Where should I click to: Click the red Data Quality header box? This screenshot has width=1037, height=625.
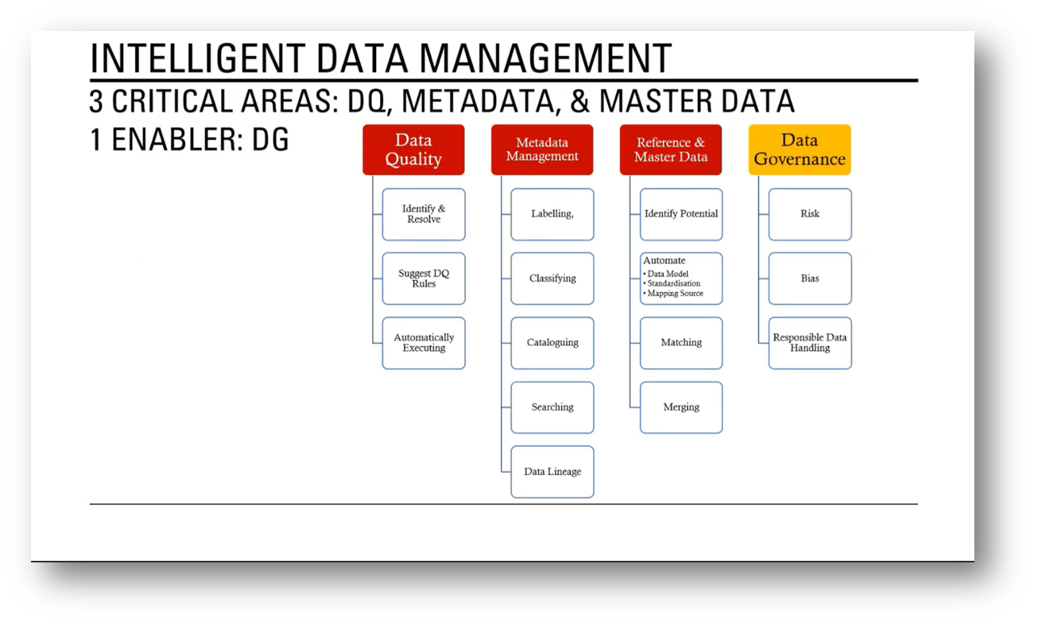(414, 150)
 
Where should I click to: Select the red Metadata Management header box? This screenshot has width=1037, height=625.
(542, 150)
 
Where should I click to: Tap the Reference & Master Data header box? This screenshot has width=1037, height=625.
(671, 150)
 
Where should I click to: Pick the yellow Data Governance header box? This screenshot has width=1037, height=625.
(800, 150)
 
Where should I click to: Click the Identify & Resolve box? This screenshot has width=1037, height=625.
(424, 214)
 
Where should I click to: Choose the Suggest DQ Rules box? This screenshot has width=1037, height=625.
(424, 279)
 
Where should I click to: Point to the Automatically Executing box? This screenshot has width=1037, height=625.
(424, 343)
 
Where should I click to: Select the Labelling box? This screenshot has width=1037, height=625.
(552, 214)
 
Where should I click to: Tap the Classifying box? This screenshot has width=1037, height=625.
(552, 279)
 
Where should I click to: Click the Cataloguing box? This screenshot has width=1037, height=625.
(552, 343)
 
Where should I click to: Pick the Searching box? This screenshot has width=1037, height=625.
(552, 407)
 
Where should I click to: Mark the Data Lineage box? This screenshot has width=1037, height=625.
(552, 472)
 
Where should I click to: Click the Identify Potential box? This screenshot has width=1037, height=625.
(681, 214)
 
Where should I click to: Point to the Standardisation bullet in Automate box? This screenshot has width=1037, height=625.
(674, 284)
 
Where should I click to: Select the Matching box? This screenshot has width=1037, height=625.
(681, 343)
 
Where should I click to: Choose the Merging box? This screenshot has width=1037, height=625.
(681, 407)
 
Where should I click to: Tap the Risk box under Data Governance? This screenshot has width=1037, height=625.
(809, 214)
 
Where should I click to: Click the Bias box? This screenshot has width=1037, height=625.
(809, 279)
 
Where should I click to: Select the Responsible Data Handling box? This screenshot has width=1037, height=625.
(809, 343)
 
